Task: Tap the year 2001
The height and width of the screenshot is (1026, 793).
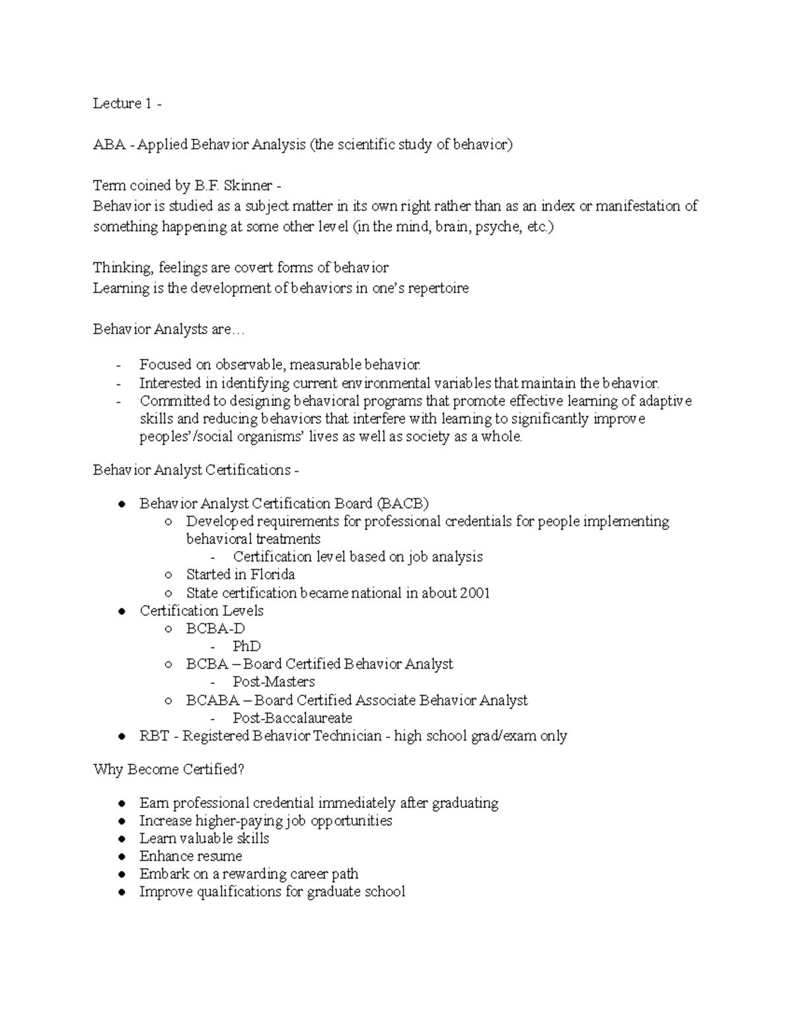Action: click(475, 593)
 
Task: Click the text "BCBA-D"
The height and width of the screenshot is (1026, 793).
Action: click(215, 629)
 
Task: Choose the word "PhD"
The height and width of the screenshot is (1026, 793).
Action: click(246, 647)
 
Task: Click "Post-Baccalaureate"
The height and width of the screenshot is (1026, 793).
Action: click(292, 718)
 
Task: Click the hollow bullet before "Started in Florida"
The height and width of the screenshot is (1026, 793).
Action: click(169, 575)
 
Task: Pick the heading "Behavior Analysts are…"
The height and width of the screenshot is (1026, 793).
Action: click(169, 330)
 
